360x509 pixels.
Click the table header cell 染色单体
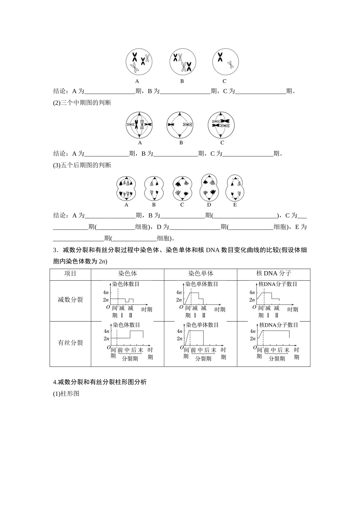[x=200, y=273]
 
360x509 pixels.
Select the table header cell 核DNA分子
[x=274, y=273]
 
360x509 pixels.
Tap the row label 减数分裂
[x=70, y=300]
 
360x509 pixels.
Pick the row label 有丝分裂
[x=70, y=343]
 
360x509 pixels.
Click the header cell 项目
[x=70, y=273]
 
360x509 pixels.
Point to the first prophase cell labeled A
[x=139, y=62]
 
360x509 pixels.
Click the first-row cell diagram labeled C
[x=225, y=62]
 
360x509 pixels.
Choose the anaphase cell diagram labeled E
[x=235, y=188]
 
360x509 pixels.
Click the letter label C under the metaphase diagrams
[x=222, y=143]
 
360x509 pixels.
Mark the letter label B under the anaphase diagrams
[x=154, y=205]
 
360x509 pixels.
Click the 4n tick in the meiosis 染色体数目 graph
[x=106, y=292]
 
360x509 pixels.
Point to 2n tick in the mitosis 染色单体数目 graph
[x=179, y=339]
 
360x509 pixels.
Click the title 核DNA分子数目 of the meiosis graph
[x=278, y=284]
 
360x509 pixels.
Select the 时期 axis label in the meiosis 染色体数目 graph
[x=146, y=309]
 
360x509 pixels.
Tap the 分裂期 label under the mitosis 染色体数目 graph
[x=130, y=359]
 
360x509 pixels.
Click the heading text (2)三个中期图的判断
[x=82, y=103]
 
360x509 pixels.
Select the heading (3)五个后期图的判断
[x=82, y=165]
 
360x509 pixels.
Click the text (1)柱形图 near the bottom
[x=66, y=393]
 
